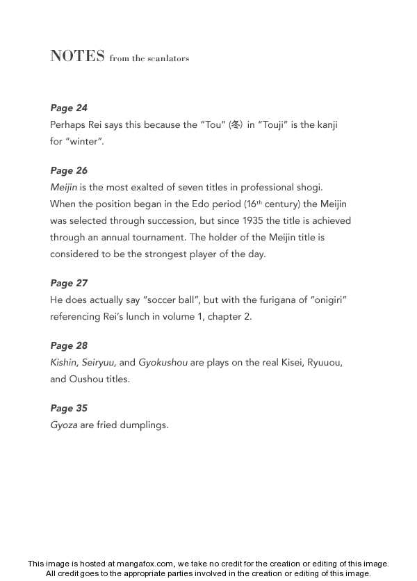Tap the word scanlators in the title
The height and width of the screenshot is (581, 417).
167,58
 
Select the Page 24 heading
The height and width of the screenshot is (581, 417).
69,108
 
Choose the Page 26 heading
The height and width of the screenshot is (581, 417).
69,170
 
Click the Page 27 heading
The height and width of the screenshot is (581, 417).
69,283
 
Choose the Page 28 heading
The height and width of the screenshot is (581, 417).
69,345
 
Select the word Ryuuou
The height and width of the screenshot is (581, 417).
324,362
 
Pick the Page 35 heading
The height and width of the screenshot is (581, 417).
69,408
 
